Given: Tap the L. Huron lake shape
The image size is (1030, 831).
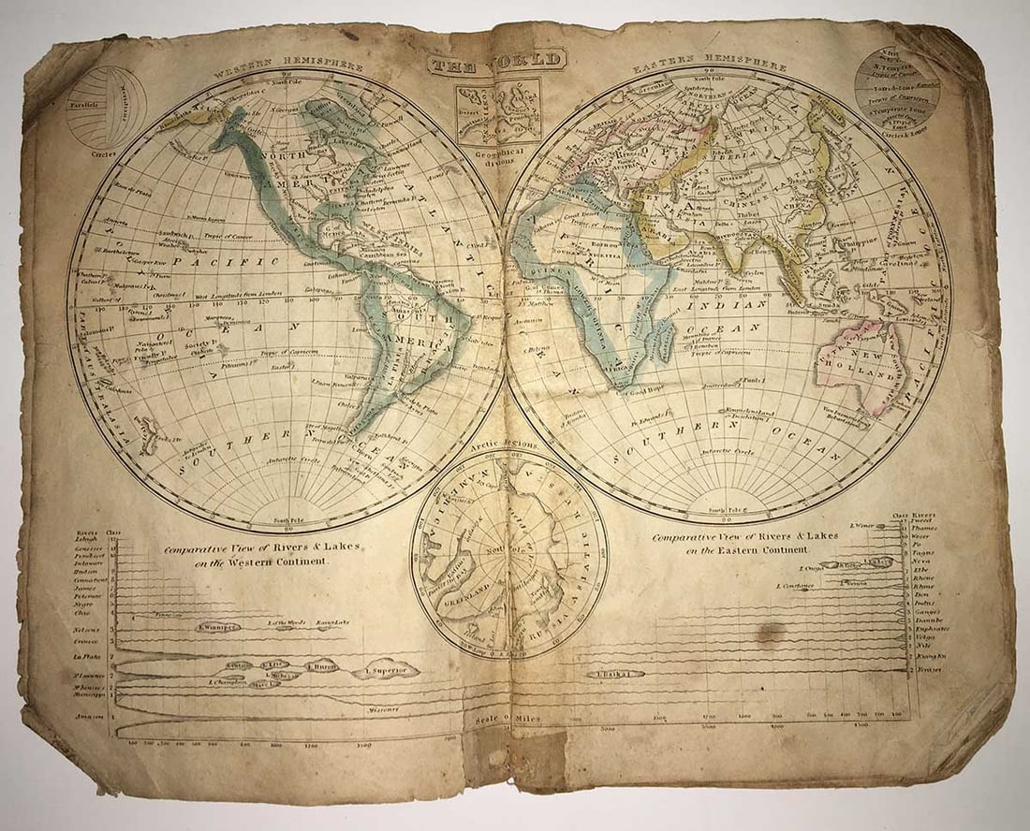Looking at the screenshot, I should point(322,666).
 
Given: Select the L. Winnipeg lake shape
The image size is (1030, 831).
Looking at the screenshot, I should point(217,627).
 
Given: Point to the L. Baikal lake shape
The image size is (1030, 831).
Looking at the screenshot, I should point(616,673).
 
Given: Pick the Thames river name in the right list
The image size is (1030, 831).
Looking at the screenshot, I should point(924,528).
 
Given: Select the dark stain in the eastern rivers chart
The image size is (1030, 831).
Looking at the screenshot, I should point(770,634).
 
